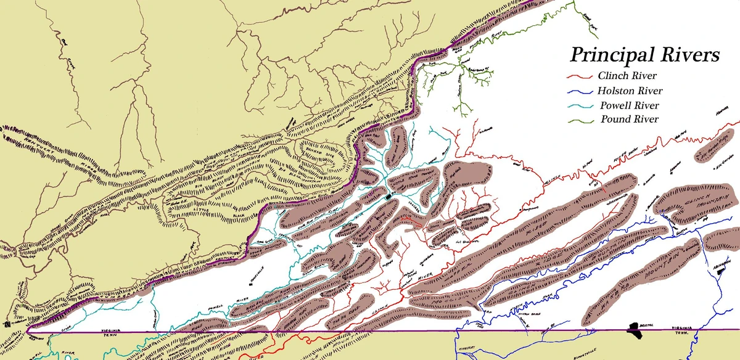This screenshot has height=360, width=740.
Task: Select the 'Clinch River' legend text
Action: click(627, 76)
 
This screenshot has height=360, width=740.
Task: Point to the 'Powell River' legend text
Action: click(627, 105)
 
